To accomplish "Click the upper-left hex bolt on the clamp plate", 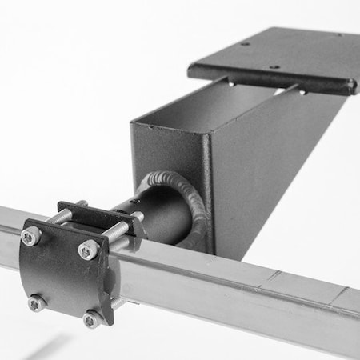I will click(31, 236).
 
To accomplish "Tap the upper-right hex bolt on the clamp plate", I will click(86, 251).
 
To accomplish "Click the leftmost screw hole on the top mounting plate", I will click(246, 45).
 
